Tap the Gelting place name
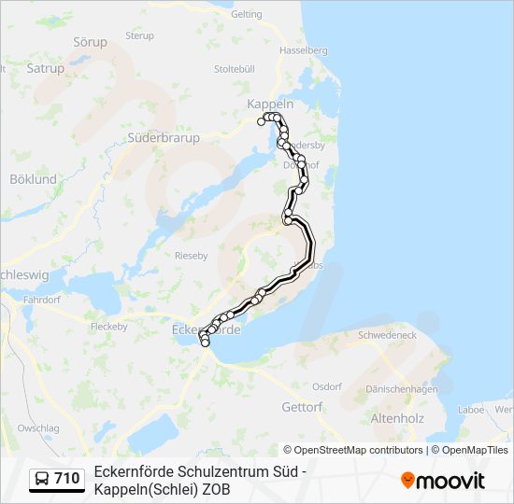[246, 14]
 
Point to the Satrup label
[46, 67]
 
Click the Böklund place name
[33, 178]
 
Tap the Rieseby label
[191, 254]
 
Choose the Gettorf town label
[302, 407]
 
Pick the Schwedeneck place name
[387, 334]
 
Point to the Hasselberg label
[304, 49]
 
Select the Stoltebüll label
[234, 68]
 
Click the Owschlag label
[37, 427]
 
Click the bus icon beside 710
[42, 479]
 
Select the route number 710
[66, 479]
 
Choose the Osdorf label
[327, 385]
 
